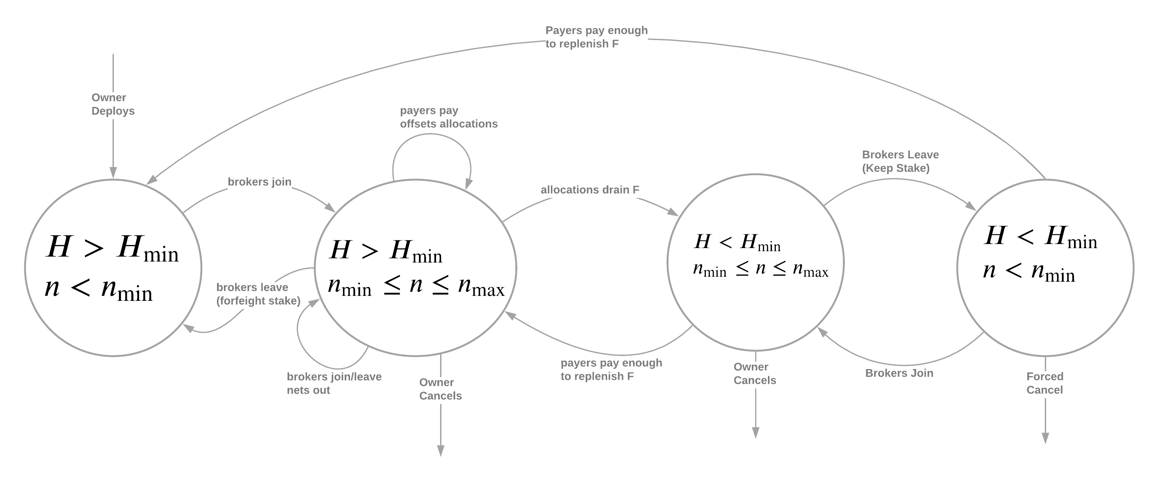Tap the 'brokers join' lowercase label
click(x=260, y=182)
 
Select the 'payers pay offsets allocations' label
click(x=448, y=117)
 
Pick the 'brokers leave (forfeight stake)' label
click(x=258, y=294)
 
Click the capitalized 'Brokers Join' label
click(x=899, y=373)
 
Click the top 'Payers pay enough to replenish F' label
click(x=597, y=37)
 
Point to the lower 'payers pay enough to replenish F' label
click(x=611, y=369)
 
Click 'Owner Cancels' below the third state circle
click(x=755, y=373)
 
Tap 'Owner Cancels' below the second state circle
click(x=440, y=389)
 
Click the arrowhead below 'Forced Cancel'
click(x=1045, y=438)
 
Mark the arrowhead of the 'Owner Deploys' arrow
click(x=113, y=173)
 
